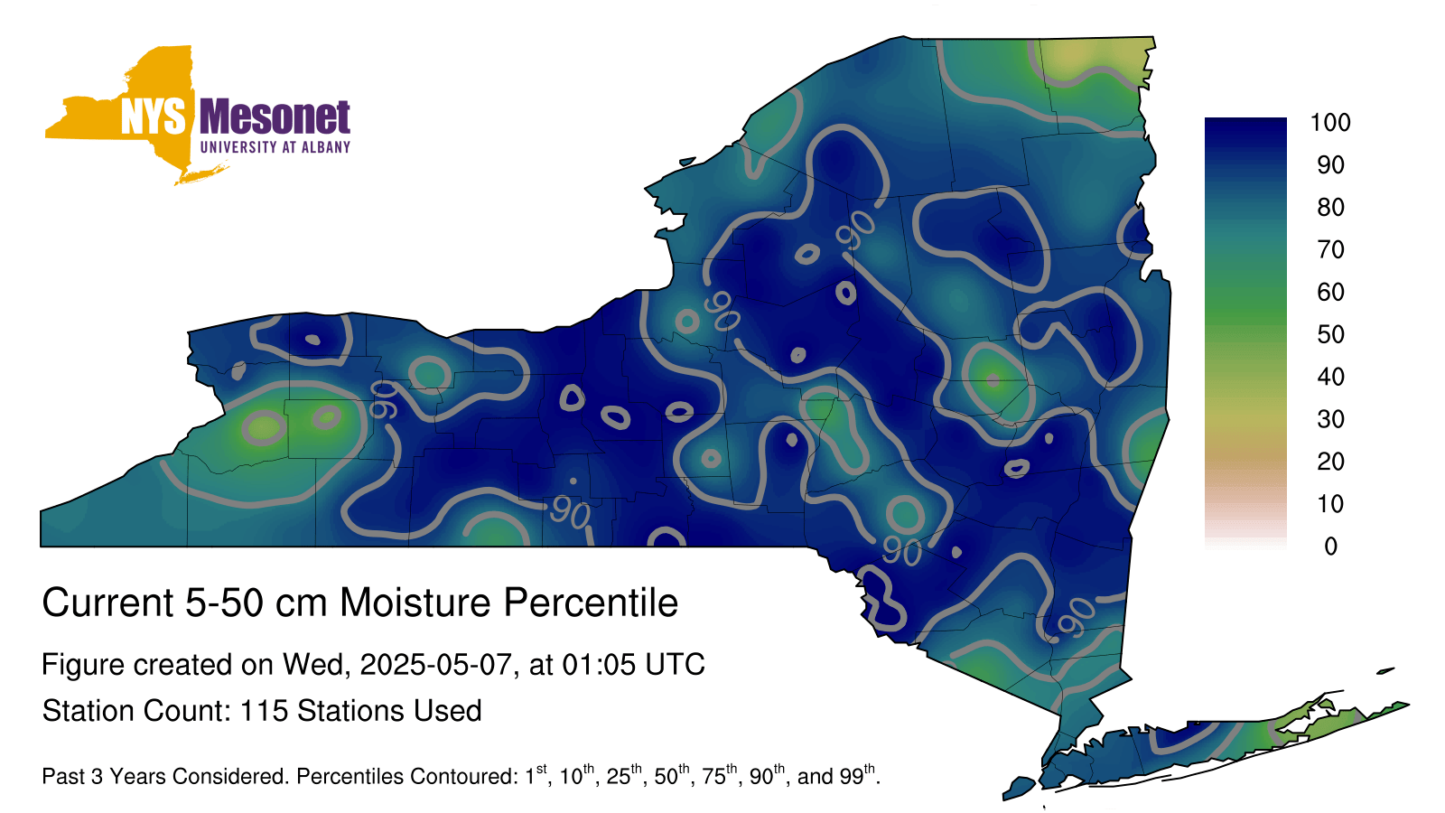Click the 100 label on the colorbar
(1330, 123)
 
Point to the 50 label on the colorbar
(1330, 334)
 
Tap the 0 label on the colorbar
(1330, 547)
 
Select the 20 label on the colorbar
(1330, 462)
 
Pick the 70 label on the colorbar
(1330, 249)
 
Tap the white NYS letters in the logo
(154, 117)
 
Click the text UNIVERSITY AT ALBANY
(275, 147)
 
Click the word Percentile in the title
(591, 603)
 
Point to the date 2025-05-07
(435, 665)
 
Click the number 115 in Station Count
(264, 711)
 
